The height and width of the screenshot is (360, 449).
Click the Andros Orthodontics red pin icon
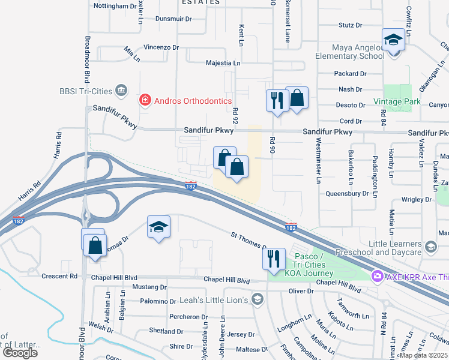pyautogui.click(x=144, y=99)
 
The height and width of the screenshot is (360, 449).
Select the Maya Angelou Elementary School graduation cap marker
pyautogui.click(x=393, y=41)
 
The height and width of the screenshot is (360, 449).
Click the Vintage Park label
pyautogui.click(x=397, y=101)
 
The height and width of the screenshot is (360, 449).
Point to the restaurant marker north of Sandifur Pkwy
pyautogui.click(x=276, y=100)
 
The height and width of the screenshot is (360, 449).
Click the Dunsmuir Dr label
pyautogui.click(x=173, y=19)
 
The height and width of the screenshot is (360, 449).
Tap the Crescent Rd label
pyautogui.click(x=64, y=277)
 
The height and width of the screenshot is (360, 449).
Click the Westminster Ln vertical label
pyautogui.click(x=318, y=161)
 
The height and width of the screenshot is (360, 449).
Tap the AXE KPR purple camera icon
pyautogui.click(x=378, y=277)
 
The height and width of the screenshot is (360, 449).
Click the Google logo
pyautogui.click(x=19, y=352)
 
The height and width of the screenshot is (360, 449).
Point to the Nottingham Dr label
pyautogui.click(x=116, y=6)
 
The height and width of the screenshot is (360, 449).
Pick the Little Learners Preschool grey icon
pyautogui.click(x=430, y=247)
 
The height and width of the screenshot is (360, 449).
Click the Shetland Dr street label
pyautogui.click(x=166, y=331)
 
